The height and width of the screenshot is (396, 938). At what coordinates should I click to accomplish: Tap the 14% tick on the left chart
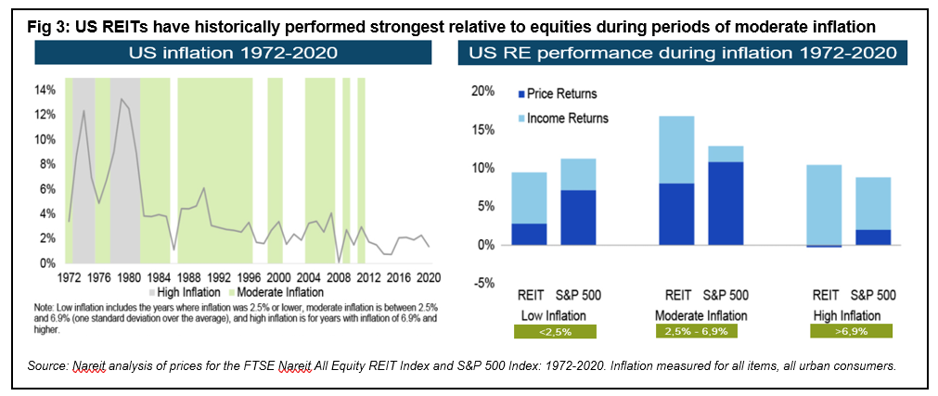click(45, 90)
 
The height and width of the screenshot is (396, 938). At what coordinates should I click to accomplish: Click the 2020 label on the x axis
click(429, 276)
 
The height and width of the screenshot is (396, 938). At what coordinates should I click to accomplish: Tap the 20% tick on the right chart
click(483, 91)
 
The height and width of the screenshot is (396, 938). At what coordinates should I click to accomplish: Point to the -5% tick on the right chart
click(483, 283)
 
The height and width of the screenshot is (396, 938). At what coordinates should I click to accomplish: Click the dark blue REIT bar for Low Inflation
click(529, 234)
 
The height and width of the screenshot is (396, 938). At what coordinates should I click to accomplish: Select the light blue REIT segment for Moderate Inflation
click(676, 149)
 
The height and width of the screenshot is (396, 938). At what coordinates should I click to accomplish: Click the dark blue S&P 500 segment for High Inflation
click(872, 236)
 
